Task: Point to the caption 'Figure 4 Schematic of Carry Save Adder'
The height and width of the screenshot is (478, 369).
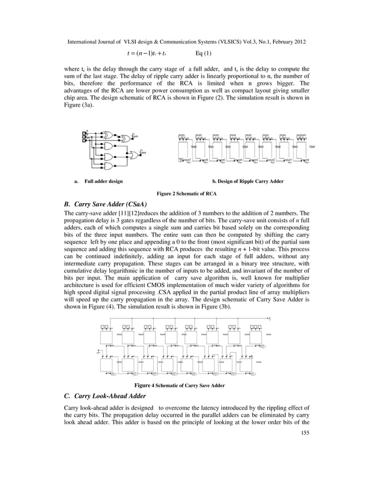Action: [x=179, y=385]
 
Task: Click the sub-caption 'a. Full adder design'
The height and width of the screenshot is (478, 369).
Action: [x=98, y=182]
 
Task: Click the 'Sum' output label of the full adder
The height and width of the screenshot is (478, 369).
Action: [x=137, y=137]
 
